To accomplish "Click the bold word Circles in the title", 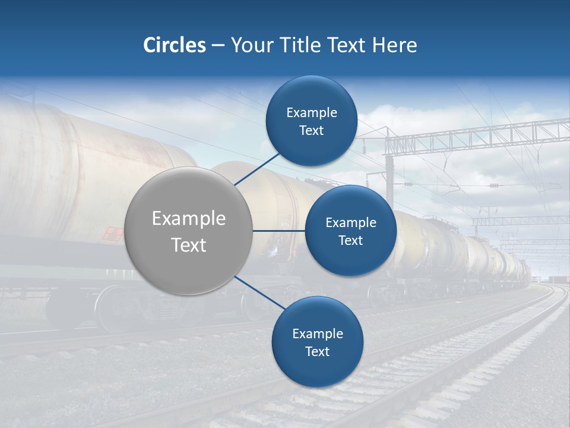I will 174,45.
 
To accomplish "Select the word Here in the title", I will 395,45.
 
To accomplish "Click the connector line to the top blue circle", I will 258,168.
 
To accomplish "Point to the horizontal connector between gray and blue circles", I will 279,231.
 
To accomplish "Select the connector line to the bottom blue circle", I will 259,293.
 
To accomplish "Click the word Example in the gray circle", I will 189,219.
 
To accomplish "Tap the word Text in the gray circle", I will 189,245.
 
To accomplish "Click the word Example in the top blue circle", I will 311,113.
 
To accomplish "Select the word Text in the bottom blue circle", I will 317,351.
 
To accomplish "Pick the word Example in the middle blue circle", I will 350,223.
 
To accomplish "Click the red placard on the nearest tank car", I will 112,233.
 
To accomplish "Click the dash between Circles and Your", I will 218,45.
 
